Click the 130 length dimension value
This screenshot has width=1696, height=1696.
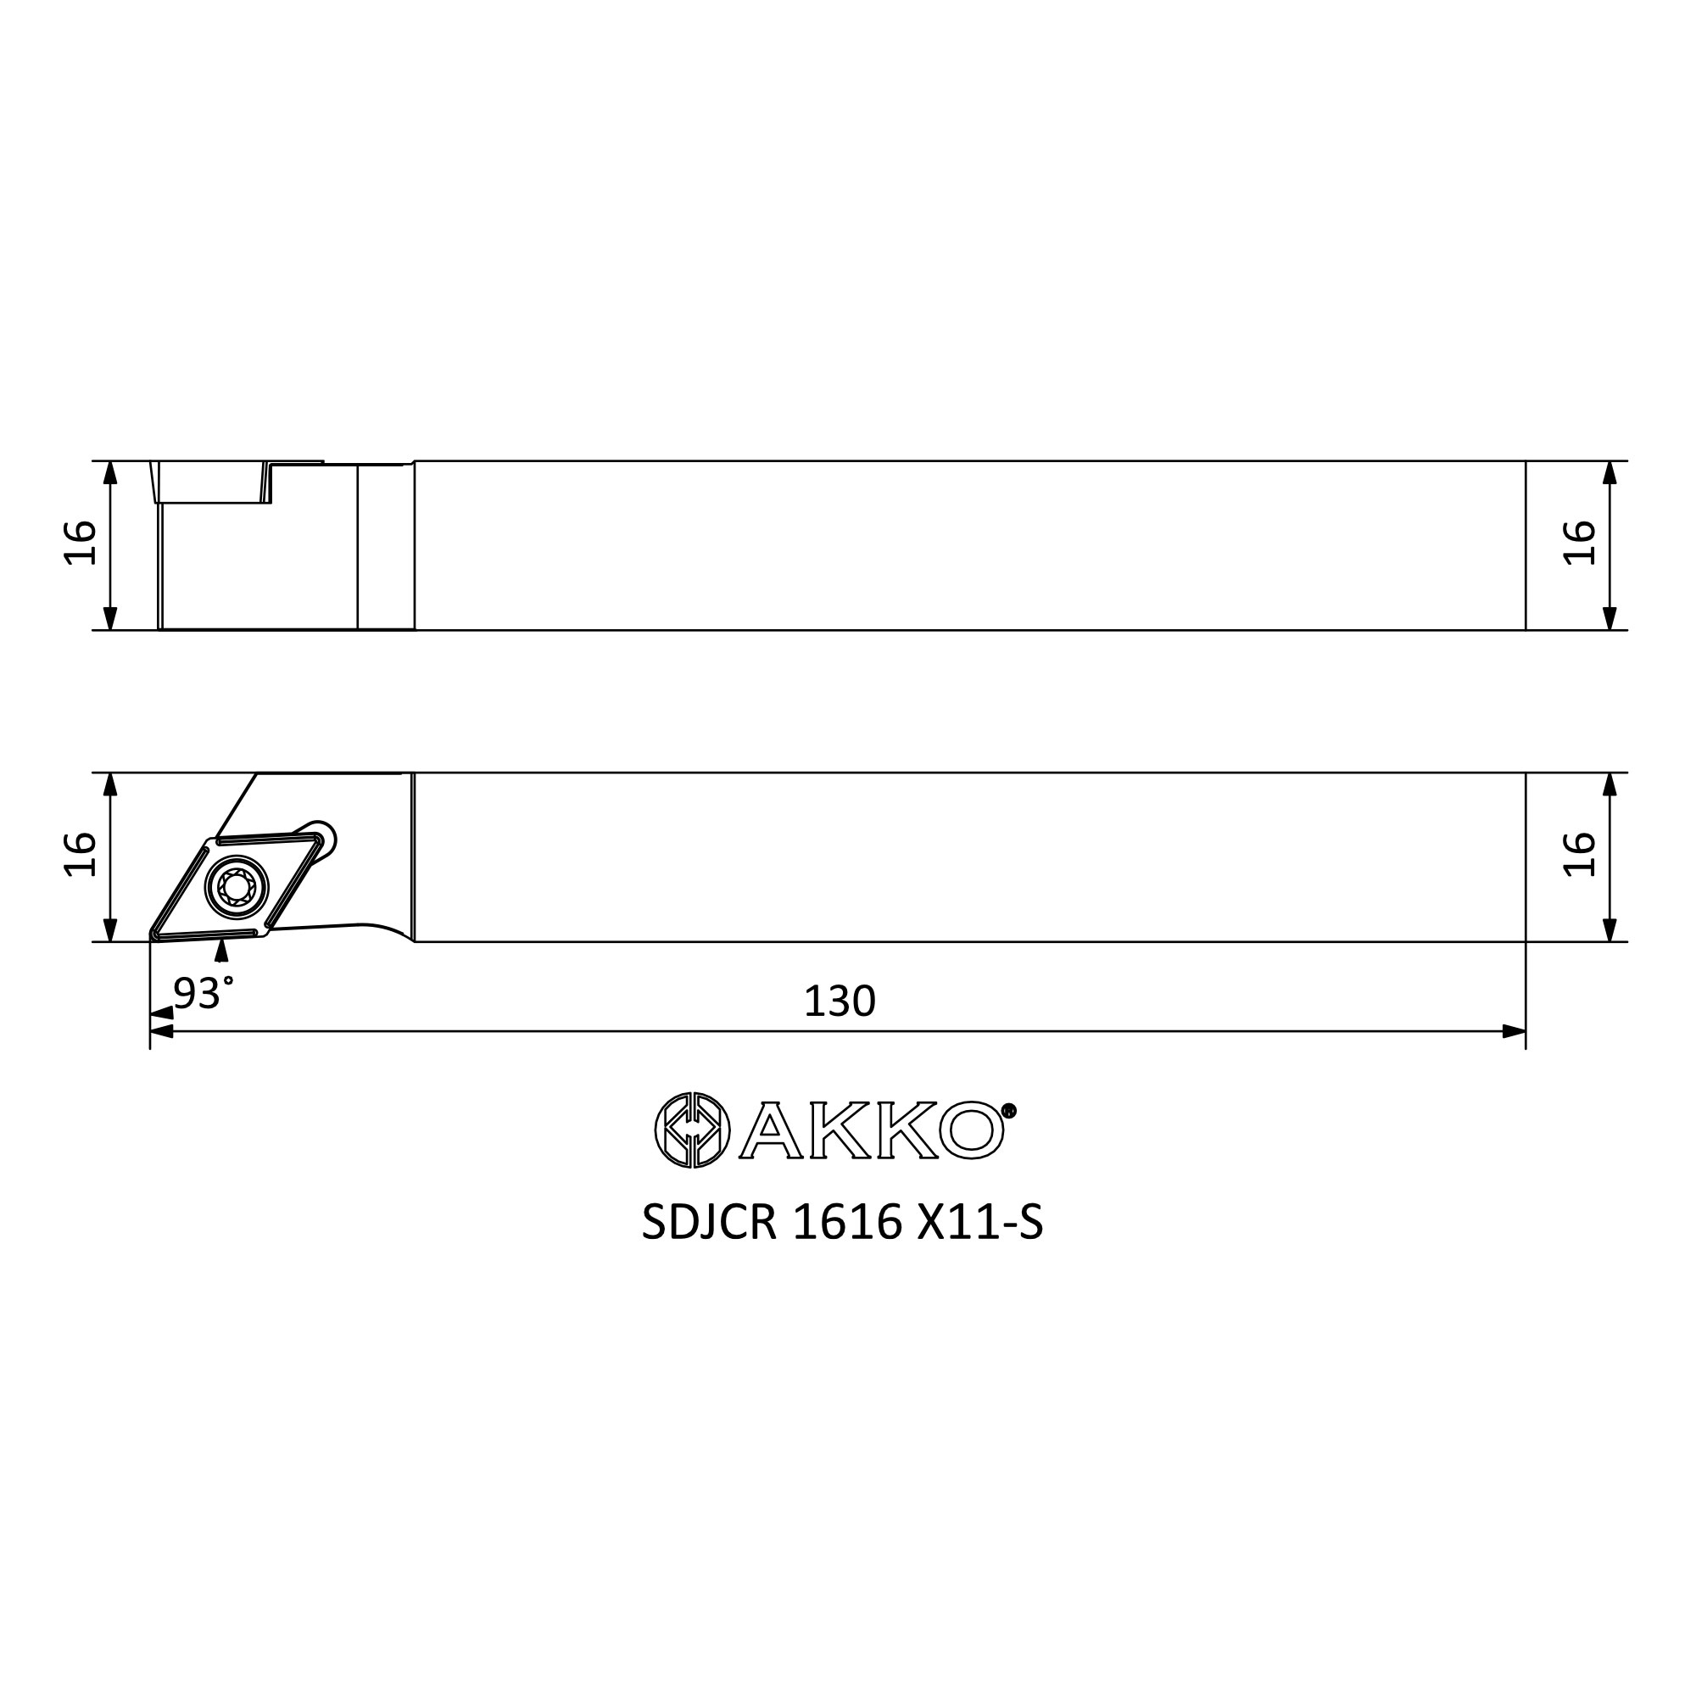point(840,1001)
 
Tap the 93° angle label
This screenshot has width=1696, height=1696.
point(204,993)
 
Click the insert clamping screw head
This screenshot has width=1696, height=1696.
point(236,888)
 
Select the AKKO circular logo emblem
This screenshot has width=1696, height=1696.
point(693,1130)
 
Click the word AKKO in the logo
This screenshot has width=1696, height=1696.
point(872,1130)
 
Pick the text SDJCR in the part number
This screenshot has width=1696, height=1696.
point(709,1222)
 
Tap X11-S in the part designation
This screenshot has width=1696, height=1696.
point(980,1222)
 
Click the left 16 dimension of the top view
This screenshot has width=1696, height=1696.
point(80,544)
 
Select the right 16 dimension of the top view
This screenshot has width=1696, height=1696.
point(1579,544)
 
